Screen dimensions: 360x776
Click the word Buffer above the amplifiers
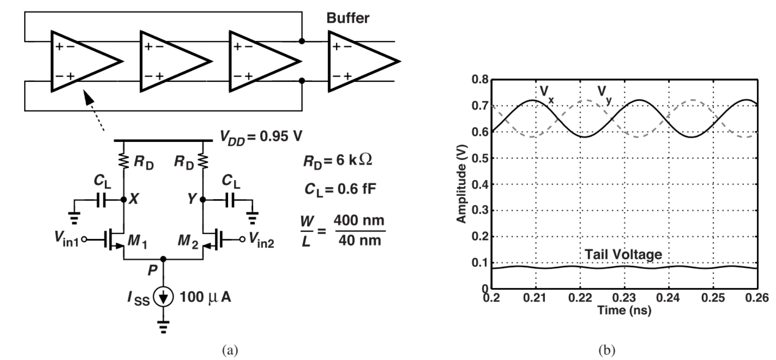[x=348, y=18]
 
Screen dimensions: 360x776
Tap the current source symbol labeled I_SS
[x=164, y=297]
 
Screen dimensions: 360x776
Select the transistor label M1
[x=137, y=240]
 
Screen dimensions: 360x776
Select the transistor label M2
[x=188, y=240]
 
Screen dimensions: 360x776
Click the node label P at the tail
[x=152, y=270]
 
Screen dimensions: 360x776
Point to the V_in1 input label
[x=66, y=238]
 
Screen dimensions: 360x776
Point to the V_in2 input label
[x=261, y=240]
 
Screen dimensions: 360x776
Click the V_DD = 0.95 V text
[x=261, y=136]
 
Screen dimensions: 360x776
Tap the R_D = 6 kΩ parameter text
[x=337, y=161]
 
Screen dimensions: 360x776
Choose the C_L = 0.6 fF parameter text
[x=340, y=189]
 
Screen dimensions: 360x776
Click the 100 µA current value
[x=205, y=297]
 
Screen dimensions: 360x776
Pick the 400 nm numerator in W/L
[x=359, y=221]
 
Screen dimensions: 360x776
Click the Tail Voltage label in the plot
[x=623, y=255]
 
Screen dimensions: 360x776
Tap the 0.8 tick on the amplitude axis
[x=480, y=80]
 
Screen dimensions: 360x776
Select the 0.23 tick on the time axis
[x=624, y=298]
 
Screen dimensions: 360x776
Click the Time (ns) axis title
[x=624, y=310]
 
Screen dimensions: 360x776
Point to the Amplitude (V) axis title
[x=462, y=185]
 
